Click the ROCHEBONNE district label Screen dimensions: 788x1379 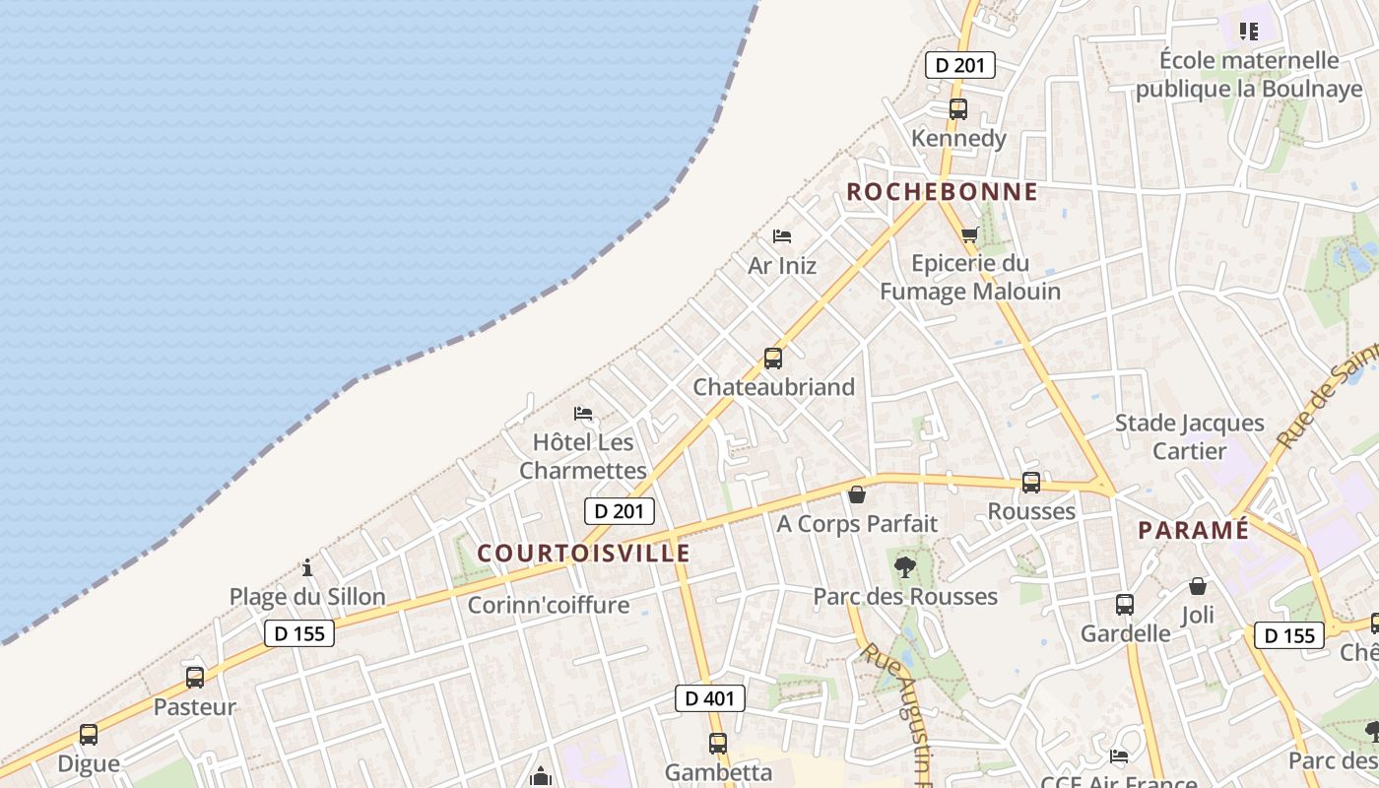click(x=942, y=191)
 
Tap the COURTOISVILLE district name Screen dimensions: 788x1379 click(x=584, y=553)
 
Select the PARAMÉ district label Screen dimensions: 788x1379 click(x=1193, y=530)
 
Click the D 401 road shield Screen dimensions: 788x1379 click(x=709, y=698)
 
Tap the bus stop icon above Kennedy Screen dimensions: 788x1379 click(x=958, y=109)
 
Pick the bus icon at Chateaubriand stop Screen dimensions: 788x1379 click(x=773, y=359)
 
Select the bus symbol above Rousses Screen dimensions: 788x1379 click(x=1031, y=483)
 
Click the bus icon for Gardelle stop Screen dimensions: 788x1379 click(x=1125, y=605)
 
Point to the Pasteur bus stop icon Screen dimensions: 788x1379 click(x=195, y=678)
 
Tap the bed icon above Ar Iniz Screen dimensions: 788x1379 click(x=782, y=236)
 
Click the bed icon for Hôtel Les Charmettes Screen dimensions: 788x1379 click(x=583, y=413)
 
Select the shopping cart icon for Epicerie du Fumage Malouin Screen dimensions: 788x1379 click(x=970, y=234)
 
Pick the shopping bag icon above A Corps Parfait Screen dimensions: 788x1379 click(x=857, y=494)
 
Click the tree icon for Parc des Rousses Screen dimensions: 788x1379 click(x=904, y=567)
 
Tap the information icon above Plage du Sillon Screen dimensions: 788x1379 click(x=307, y=567)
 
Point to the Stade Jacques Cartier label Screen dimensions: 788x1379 click(x=1189, y=437)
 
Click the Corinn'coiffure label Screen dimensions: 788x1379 click(x=548, y=605)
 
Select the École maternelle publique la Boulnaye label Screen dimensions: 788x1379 click(x=1249, y=74)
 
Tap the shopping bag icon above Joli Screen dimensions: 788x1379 click(x=1198, y=586)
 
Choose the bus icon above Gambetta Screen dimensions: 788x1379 click(x=718, y=744)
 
